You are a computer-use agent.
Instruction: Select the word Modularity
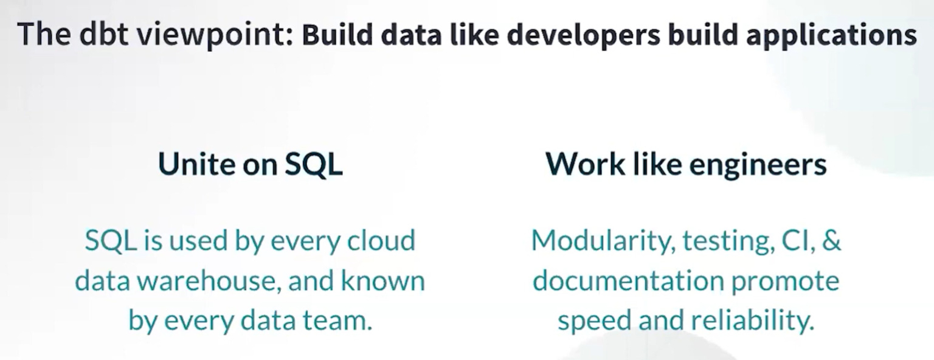[602, 241]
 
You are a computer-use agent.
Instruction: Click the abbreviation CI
[793, 241]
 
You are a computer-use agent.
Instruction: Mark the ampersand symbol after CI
[831, 241]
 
